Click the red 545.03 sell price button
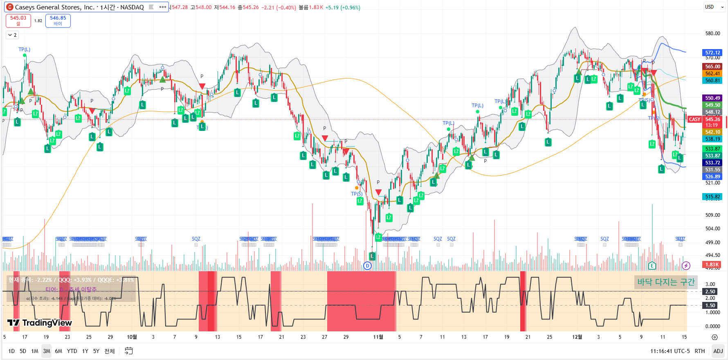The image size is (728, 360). click(18, 20)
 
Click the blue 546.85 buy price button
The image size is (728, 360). click(58, 20)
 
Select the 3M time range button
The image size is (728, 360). click(47, 351)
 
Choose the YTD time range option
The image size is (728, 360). click(72, 351)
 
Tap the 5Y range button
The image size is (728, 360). click(96, 351)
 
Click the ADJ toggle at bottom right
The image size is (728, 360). click(718, 351)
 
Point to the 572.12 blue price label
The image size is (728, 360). click(712, 53)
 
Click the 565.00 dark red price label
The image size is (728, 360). click(712, 67)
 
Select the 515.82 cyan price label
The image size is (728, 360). click(712, 197)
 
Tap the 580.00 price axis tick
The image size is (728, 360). click(712, 34)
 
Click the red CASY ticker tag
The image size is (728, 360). click(694, 119)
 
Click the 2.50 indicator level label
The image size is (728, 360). click(710, 292)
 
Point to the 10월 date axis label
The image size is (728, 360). click(132, 337)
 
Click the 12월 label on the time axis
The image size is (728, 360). click(577, 337)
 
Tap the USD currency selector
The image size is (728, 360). click(714, 7)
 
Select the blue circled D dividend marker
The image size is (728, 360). click(367, 266)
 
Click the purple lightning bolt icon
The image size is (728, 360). click(686, 266)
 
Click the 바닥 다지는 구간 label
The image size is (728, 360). click(666, 282)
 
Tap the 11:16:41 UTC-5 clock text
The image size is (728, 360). click(670, 351)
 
